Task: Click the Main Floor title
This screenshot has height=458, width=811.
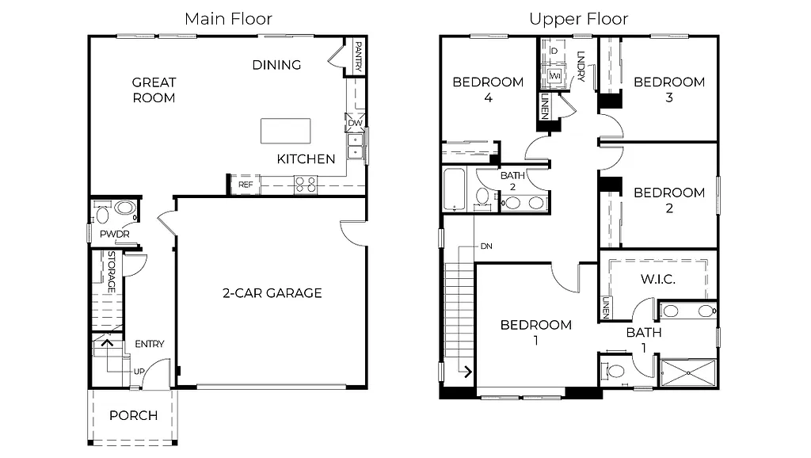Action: (x=228, y=19)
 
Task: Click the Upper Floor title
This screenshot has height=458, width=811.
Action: (x=578, y=19)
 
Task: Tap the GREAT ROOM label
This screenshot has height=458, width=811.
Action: (x=154, y=90)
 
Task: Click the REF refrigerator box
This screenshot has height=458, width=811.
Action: (x=245, y=185)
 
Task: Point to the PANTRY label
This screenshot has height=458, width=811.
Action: (x=358, y=57)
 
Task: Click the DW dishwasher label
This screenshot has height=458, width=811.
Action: (x=355, y=124)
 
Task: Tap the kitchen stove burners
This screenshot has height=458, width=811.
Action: (x=306, y=185)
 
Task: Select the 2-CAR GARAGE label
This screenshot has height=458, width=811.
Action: (x=272, y=293)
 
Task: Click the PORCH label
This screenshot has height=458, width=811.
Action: (x=133, y=415)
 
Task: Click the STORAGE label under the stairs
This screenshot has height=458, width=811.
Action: (x=112, y=272)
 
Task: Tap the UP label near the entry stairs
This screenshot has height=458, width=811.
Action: (x=139, y=371)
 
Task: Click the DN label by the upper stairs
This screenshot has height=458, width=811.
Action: (x=485, y=246)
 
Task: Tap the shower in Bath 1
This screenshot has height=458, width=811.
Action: (x=687, y=372)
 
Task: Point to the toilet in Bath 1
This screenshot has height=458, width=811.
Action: (x=615, y=370)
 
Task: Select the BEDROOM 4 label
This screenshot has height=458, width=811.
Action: (x=488, y=90)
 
